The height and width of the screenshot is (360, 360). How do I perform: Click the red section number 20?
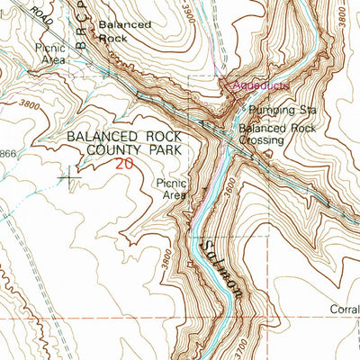coord(124,164)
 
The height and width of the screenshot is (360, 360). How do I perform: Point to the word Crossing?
coord(262,140)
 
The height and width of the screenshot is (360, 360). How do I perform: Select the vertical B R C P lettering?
coord(83,38)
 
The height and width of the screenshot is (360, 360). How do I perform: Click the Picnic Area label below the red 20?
coord(170,188)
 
